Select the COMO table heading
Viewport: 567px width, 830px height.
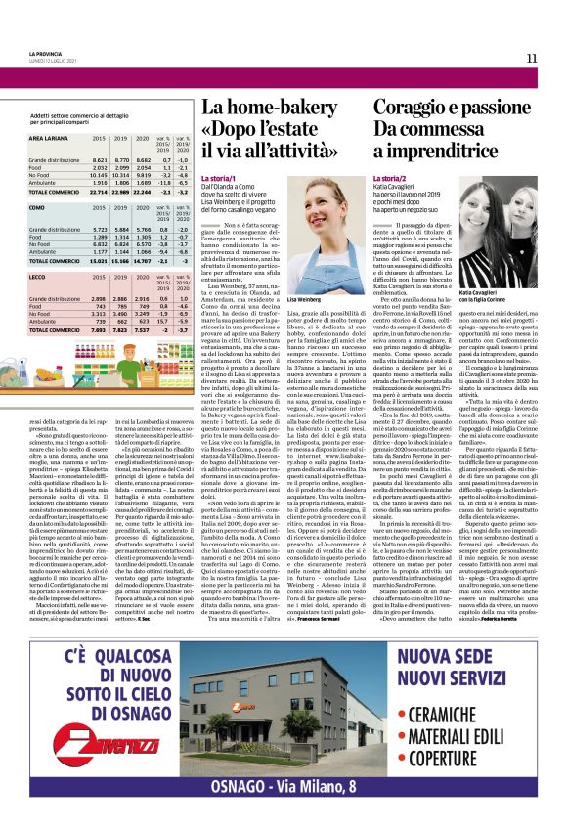click(39, 207)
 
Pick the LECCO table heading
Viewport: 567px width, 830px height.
click(40, 277)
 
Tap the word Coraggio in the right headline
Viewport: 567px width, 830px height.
click(414, 109)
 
